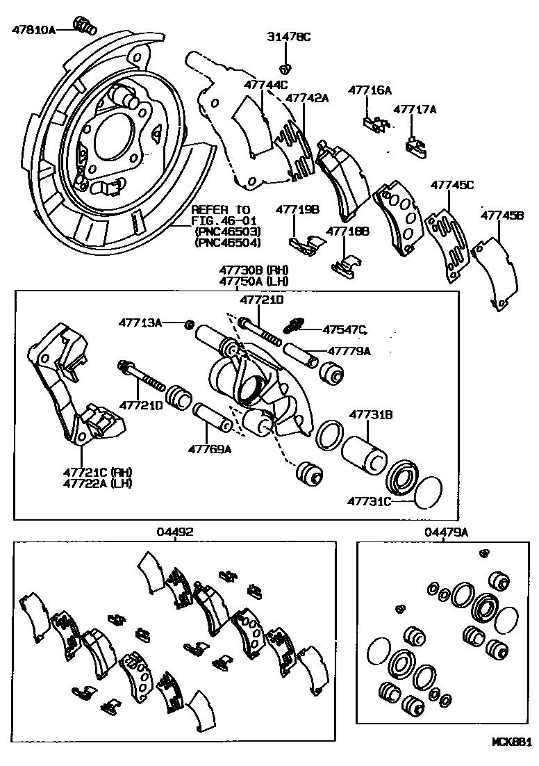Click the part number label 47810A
point(33,29)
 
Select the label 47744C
point(265,85)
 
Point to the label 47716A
point(370,90)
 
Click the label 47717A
point(415,109)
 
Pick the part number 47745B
point(502,216)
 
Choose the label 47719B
point(297,209)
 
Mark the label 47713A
point(140,323)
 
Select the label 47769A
point(209,449)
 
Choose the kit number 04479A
point(447,532)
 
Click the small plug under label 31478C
point(285,68)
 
